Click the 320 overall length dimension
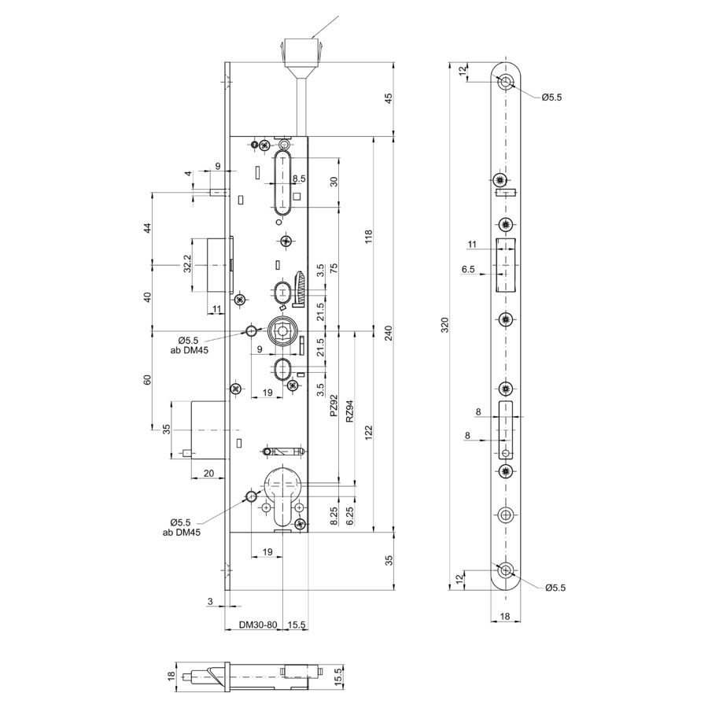pos(444,325)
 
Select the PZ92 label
pos(334,406)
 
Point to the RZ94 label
pos(349,411)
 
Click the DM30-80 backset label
pos(258,625)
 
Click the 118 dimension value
pos(369,237)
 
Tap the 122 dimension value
pos(369,433)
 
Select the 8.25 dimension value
pos(334,516)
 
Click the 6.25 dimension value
pos(349,516)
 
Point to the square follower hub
pos(283,331)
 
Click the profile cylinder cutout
pos(282,496)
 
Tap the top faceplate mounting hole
pos(506,82)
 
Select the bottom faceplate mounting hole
pos(506,571)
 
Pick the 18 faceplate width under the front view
pos(505,616)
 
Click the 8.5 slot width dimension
pos(299,179)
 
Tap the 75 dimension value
pos(334,267)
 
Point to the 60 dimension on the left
pos(147,380)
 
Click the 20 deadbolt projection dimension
pos(208,474)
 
